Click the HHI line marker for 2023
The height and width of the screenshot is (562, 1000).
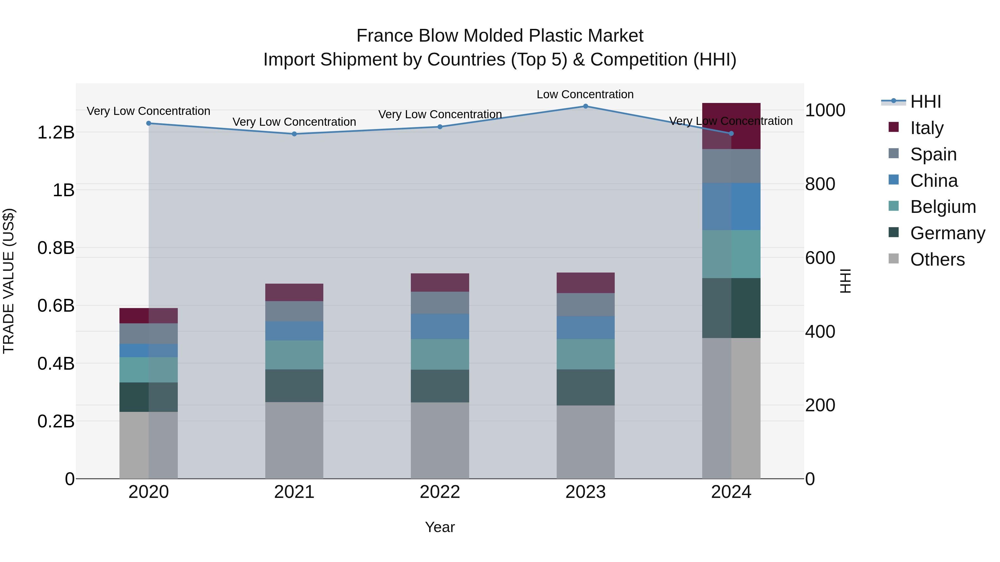click(585, 106)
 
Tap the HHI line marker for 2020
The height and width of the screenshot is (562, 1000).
click(149, 123)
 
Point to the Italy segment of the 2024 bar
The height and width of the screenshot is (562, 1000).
click(731, 126)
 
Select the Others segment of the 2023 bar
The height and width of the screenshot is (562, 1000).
click(585, 442)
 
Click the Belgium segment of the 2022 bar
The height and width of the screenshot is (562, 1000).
click(440, 354)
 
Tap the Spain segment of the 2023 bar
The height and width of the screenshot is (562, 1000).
click(585, 304)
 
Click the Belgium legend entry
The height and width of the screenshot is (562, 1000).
click(942, 207)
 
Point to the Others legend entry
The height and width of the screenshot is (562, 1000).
click(937, 259)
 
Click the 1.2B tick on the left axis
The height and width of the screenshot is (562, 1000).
click(56, 133)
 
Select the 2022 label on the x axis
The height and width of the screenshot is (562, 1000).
click(440, 492)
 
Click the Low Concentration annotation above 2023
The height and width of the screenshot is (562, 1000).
click(585, 94)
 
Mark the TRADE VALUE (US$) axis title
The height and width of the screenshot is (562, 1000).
click(9, 281)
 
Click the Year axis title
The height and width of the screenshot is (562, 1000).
click(440, 527)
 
